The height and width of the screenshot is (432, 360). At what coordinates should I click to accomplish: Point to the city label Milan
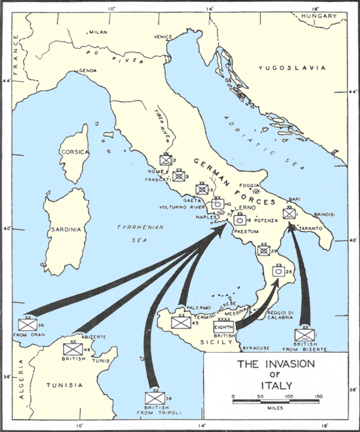(x=99, y=32)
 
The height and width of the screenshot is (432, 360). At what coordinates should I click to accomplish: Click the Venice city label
(x=162, y=37)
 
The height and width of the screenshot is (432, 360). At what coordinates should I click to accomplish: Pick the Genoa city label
(x=88, y=71)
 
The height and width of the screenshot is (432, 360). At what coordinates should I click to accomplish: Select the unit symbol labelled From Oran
(x=27, y=324)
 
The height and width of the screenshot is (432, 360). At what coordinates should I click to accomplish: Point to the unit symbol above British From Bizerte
(x=304, y=334)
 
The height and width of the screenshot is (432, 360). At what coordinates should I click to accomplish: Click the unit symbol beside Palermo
(x=181, y=322)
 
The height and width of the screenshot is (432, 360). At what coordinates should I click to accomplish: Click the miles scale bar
(x=275, y=402)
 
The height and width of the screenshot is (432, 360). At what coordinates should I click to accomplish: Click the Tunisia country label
(x=66, y=385)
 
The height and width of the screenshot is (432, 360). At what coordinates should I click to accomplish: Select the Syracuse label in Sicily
(x=256, y=348)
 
